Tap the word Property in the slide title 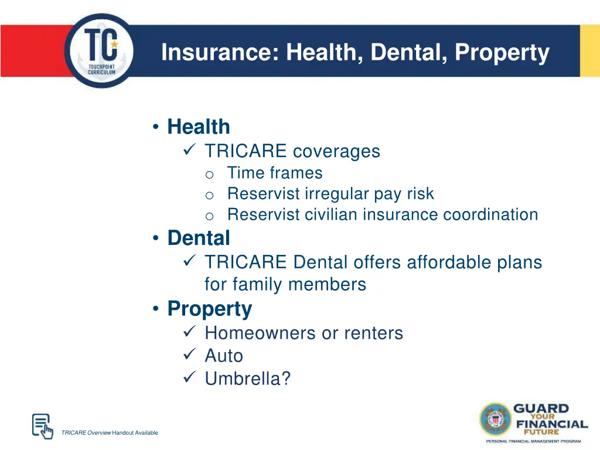click(502, 53)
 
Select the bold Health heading click(198, 127)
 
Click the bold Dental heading click(198, 238)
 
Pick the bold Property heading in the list click(209, 308)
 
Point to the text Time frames click(274, 173)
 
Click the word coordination click(490, 214)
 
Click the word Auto click(223, 356)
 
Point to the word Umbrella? click(247, 379)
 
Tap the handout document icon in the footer click(41, 425)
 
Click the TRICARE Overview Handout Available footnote click(109, 433)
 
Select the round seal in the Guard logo click(496, 420)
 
